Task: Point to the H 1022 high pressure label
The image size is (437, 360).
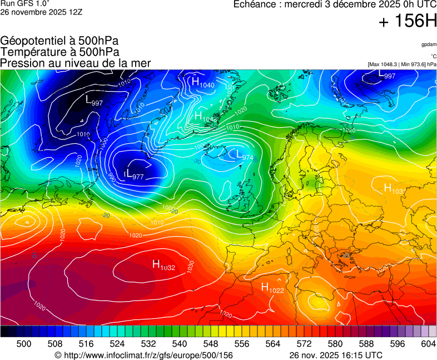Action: tap(272, 288)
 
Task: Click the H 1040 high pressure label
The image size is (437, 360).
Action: tap(203, 83)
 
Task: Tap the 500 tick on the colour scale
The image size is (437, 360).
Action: tap(24, 344)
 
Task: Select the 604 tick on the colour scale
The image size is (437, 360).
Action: tap(428, 344)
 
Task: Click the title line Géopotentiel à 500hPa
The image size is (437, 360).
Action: tap(59, 41)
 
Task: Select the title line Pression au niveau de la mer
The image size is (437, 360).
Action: tap(76, 63)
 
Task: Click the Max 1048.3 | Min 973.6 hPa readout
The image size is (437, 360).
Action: tap(401, 64)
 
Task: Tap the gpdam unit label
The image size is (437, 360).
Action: tap(429, 44)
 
